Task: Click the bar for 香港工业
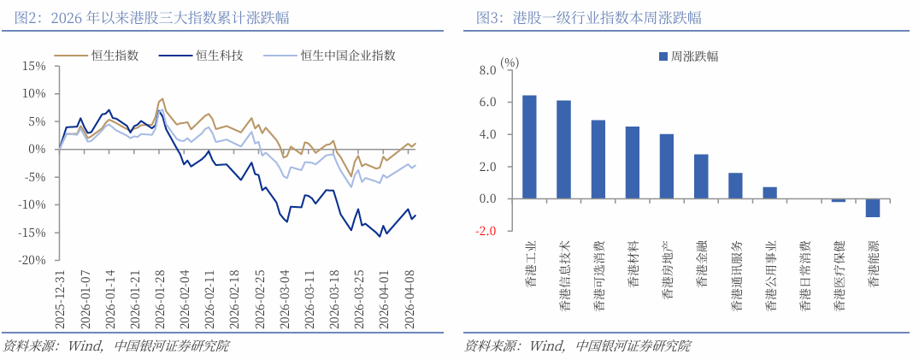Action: coord(529,147)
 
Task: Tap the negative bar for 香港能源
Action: coord(873,208)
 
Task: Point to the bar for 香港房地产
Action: coord(667,167)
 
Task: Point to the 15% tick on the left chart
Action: coord(33,66)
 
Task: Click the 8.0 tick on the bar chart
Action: coord(488,70)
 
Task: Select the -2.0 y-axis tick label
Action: coord(486,231)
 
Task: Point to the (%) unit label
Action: coord(510,62)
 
